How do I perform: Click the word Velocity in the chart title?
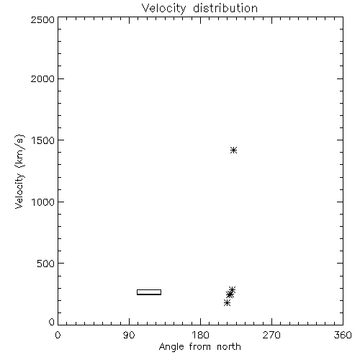point(164,9)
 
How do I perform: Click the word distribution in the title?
point(225,8)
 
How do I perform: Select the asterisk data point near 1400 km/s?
point(233,150)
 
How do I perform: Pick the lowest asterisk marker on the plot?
point(227,303)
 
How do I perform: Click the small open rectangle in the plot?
point(149,292)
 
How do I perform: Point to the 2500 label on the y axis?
point(42,19)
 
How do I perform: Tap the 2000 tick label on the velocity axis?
point(42,78)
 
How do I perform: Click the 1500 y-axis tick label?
point(43,140)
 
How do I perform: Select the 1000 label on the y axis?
point(43,202)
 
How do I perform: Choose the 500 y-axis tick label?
point(46,264)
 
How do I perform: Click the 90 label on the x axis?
point(129,335)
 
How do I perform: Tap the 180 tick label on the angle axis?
point(200,335)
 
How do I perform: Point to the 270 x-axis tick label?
point(271,335)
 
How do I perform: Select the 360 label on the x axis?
point(343,335)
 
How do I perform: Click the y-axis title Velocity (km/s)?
point(19,171)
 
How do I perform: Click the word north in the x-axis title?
point(229,347)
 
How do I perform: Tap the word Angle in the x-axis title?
point(171,347)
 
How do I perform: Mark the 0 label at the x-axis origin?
point(58,335)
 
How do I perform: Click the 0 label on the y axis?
point(52,322)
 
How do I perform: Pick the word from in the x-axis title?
point(201,347)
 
